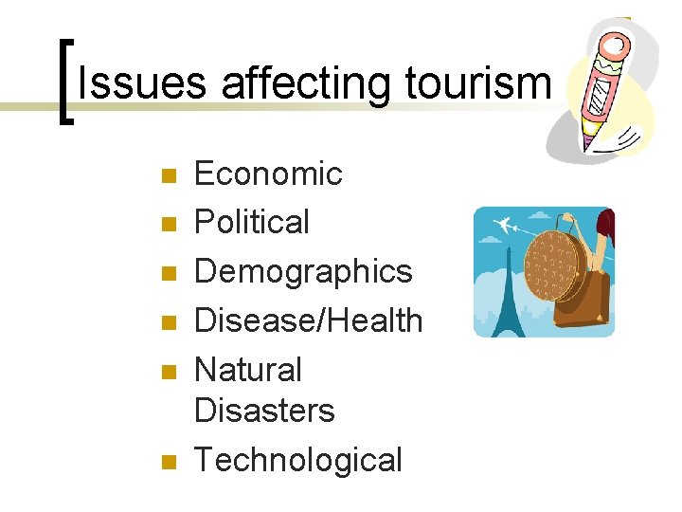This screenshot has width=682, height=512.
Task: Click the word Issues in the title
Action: tap(143, 83)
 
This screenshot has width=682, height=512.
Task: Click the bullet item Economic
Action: tap(268, 174)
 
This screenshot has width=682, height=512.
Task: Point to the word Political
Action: tap(252, 223)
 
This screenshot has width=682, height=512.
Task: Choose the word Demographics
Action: tap(303, 272)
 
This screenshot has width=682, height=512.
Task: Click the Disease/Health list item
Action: tap(308, 321)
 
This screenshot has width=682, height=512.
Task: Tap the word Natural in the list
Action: tap(247, 370)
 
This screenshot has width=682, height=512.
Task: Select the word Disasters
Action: tap(264, 411)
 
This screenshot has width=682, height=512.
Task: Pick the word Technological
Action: tap(298, 460)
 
